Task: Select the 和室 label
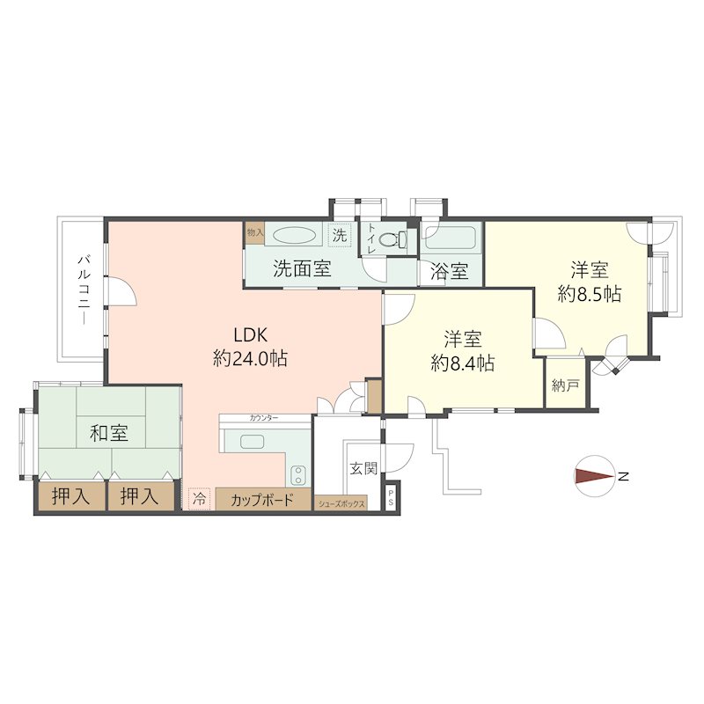pos(109,433)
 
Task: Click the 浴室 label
pos(449,272)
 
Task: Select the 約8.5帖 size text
pos(590,294)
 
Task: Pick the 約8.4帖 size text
pos(462,362)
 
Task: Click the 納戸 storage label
pos(566,385)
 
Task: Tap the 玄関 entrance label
pos(363,467)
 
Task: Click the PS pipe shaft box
pos(392,498)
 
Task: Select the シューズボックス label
pos(341,504)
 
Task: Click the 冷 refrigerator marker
pos(199,499)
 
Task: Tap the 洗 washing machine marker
pos(340,235)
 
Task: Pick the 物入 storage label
pos(254,232)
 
